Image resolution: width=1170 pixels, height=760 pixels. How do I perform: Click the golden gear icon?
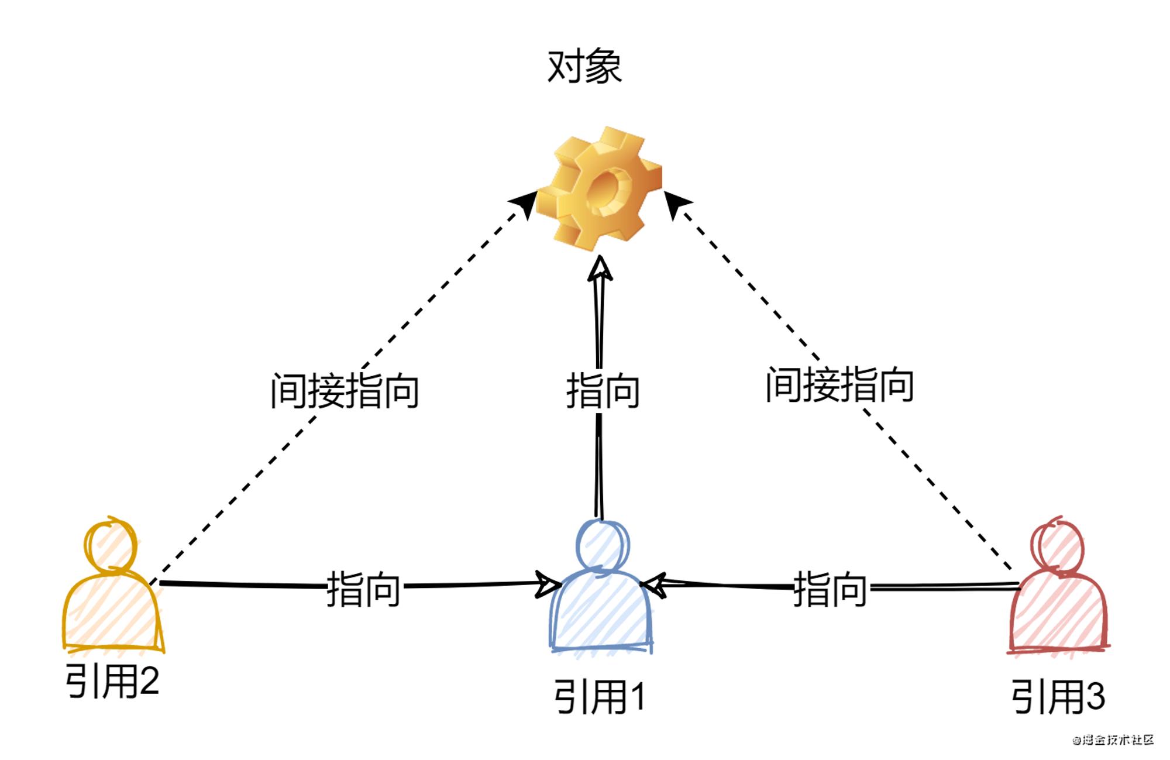599,188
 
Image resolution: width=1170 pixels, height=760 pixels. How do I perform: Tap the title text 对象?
584,66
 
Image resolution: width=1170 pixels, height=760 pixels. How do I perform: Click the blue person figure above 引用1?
600,586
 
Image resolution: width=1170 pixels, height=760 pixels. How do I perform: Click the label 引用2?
112,681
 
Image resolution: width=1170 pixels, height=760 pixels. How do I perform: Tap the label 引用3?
1058,696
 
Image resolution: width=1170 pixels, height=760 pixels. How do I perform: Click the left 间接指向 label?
345,391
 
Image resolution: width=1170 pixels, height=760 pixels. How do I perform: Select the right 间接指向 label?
840,384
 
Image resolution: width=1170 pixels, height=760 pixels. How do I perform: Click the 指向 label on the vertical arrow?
603,391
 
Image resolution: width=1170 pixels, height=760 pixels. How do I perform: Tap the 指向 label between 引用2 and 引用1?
363,589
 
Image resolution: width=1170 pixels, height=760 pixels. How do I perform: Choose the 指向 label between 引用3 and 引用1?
830,589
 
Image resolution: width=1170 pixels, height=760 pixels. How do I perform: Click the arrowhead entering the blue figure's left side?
548,584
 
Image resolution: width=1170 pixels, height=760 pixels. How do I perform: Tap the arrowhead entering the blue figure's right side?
654,586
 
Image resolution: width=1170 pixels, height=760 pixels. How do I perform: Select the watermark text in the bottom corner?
1113,740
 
